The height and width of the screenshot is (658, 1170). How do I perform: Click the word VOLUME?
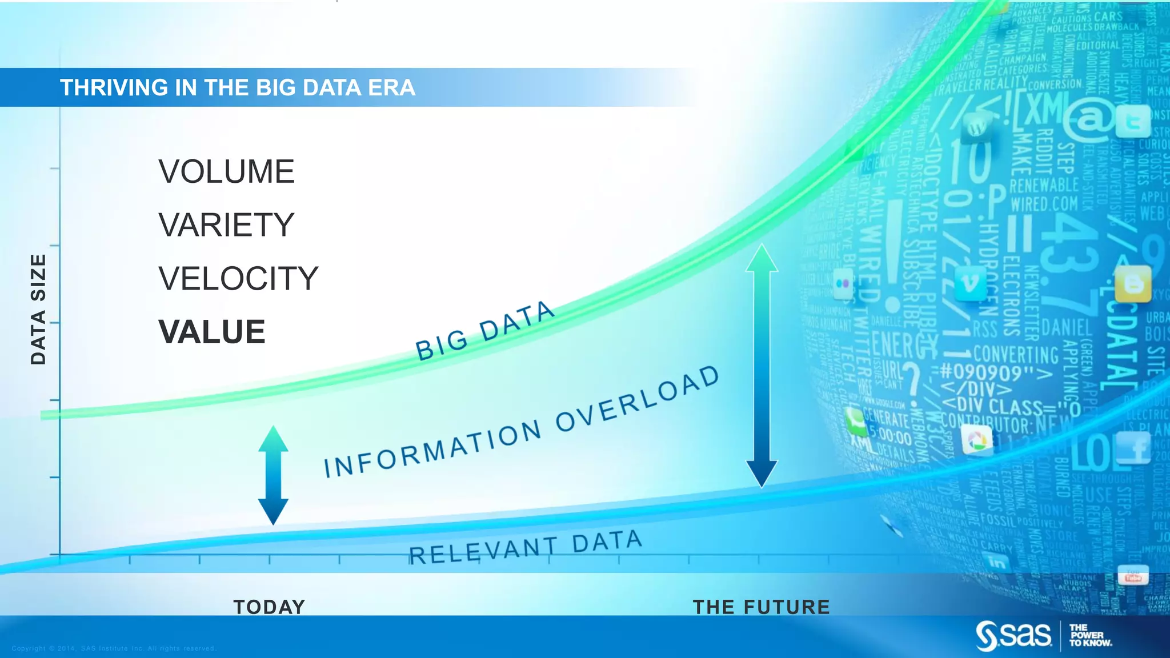point(226,171)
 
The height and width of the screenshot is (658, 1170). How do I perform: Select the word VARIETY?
point(226,224)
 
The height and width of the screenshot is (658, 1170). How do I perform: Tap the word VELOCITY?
point(238,278)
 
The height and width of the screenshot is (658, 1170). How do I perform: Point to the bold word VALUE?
point(212,332)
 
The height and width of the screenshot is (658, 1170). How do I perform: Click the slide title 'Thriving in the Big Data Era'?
point(238,87)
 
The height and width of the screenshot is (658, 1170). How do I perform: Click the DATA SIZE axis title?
point(38,309)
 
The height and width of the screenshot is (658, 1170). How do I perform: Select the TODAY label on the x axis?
point(269,607)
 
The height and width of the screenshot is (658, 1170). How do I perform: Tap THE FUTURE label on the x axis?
point(761,607)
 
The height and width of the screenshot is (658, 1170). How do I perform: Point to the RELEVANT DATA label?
point(526,547)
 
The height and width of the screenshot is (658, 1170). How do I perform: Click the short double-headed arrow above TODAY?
point(273,475)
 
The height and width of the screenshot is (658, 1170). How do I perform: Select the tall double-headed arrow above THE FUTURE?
point(762,366)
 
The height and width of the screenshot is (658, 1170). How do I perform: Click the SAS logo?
point(1013,635)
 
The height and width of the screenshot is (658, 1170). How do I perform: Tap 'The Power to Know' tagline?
point(1090,635)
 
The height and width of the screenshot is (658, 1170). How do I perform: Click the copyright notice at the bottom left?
point(114,648)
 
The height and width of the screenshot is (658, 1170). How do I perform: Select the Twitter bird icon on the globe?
point(1133,122)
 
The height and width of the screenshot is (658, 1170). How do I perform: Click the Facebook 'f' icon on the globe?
point(1133,448)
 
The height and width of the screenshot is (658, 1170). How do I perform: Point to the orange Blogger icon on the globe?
point(1133,284)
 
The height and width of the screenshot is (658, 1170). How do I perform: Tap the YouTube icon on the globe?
point(1132,576)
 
